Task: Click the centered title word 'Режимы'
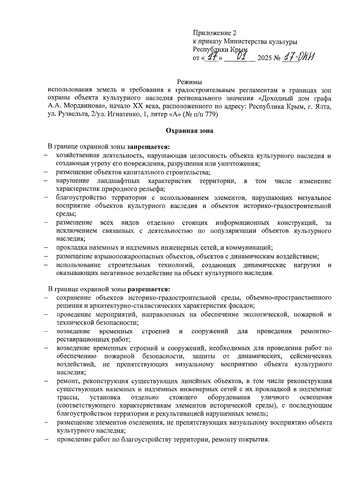pos(189,82)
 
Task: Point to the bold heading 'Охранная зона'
pos(190,131)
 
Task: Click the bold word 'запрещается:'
pos(148,147)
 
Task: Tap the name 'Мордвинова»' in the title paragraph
pos(84,106)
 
